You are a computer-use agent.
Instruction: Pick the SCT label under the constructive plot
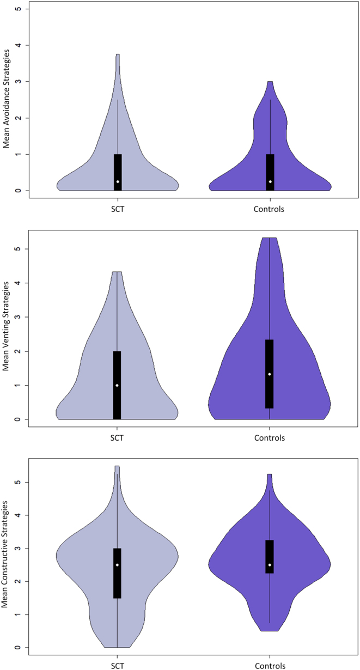pos(117,665)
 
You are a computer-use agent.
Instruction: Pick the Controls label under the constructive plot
pos(270,665)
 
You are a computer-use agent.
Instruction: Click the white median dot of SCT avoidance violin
pos(118,181)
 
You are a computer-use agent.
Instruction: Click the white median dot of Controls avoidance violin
pos(270,181)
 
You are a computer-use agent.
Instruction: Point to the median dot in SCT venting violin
pos(117,385)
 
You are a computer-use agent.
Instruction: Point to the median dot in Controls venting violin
pos(270,374)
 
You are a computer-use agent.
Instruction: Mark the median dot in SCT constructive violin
pos(117,565)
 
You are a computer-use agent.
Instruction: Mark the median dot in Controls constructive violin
pos(270,565)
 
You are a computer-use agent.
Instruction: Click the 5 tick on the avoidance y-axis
pos(19,9)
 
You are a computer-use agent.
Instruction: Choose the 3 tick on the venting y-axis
pos(19,317)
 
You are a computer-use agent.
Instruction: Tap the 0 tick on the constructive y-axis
pos(19,648)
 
